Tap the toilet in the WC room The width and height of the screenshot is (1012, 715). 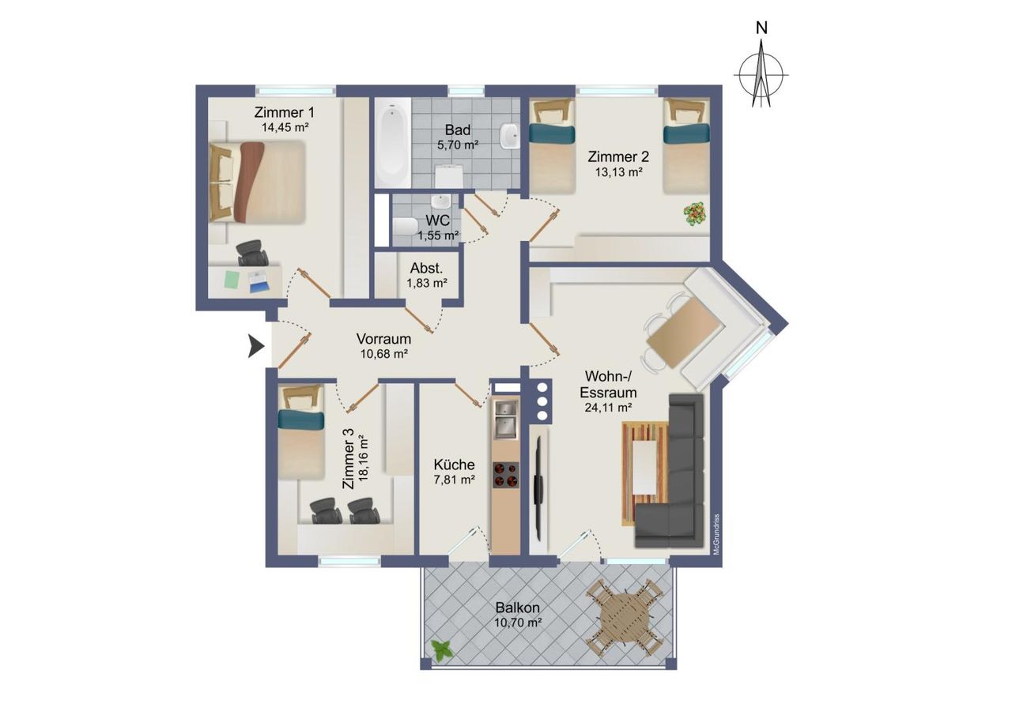coord(406,226)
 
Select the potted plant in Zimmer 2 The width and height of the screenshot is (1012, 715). coord(695,214)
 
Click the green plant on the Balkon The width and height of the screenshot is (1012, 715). coord(442,651)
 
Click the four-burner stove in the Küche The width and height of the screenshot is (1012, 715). coord(505,476)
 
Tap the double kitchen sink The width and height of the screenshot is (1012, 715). coord(505,420)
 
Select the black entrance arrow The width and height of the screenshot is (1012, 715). coord(255,347)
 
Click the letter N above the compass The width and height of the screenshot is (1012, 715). coord(761,28)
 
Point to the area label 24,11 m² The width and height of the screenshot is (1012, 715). coord(608,408)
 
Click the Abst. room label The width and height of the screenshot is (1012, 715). coord(426,269)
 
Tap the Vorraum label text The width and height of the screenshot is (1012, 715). coord(383,339)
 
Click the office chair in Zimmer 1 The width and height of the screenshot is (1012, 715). coord(252,254)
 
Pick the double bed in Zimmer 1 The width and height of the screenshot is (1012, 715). coord(257,183)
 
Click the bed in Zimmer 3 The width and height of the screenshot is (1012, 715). coord(301,431)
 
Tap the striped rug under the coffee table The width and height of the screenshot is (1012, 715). coord(644,473)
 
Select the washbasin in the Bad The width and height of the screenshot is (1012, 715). coord(510,135)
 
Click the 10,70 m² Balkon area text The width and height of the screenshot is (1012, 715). coord(518,623)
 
